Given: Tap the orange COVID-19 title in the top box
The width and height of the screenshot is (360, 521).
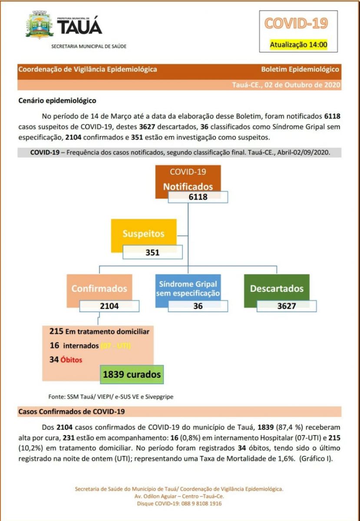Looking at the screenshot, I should coord(296,23).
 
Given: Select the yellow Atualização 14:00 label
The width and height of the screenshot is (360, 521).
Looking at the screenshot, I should coord(298,44).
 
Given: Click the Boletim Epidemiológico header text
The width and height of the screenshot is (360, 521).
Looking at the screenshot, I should coord(300,69).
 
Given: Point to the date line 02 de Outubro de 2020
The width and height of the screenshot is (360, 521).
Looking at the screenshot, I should coord(286,85).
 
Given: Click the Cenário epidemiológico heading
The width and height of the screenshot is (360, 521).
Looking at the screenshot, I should coord(57,100).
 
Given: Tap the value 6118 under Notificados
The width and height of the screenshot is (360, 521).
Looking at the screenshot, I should coord(198,197).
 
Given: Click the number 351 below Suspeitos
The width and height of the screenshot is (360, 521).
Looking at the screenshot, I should coord(152,252).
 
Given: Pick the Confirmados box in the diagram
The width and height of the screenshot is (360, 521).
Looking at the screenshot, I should coord(99,288).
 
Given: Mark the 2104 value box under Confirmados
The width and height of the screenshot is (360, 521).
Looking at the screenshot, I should coord(109,306).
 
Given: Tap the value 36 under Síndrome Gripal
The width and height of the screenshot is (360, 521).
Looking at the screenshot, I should coord(198,306).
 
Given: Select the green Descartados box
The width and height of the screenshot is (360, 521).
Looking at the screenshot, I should coord(277,288).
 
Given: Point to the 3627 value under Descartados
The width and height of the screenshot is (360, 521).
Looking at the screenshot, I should coord(287,306).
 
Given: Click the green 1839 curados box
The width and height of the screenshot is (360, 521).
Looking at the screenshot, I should coord(132,374).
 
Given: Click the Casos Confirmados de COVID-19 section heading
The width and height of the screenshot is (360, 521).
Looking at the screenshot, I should coord(72,411).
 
